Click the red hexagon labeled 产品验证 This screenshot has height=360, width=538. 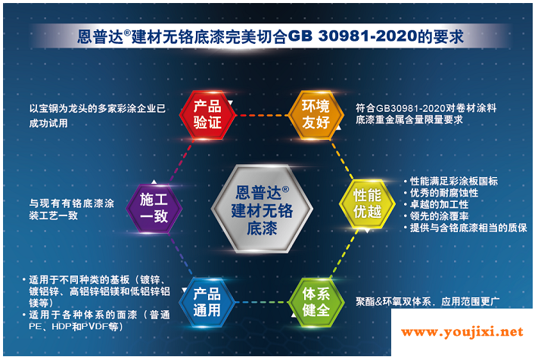[207, 115]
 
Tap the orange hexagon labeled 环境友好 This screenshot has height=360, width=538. [316, 115]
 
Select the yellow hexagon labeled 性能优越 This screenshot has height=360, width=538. [367, 203]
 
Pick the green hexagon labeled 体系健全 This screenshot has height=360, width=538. [316, 302]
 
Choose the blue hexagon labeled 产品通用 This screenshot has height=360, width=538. [207, 302]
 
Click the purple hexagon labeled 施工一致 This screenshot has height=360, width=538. [154, 208]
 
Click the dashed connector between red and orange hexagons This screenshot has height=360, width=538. [262, 115]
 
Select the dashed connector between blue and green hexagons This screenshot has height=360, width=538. [262, 303]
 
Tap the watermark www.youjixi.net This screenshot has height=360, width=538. [462, 331]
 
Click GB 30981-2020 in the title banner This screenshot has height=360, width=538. [353, 36]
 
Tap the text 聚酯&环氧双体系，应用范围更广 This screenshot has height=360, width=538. [428, 301]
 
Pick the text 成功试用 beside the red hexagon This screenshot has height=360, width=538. [48, 123]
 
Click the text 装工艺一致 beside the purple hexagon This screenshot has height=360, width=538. [54, 216]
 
